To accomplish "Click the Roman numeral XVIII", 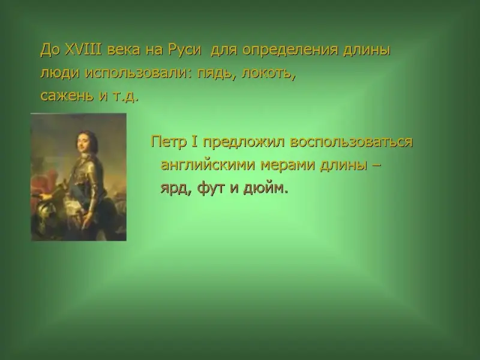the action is [83, 50].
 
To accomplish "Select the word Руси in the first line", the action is [185, 51].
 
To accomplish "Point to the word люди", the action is [60, 73].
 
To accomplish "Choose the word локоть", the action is [268, 74].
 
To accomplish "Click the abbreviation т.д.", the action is [126, 97].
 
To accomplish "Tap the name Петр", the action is [169, 142].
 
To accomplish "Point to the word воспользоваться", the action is [352, 142].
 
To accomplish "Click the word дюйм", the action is [265, 188].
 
